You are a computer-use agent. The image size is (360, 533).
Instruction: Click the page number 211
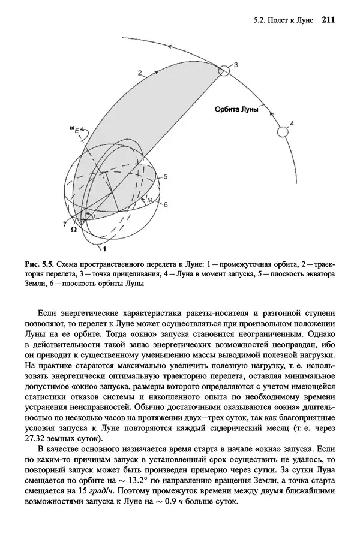pyautogui.click(x=328, y=19)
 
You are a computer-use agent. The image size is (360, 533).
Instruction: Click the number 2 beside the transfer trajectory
pyautogui.click(x=139, y=73)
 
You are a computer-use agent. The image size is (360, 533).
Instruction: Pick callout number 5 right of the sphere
pyautogui.click(x=166, y=176)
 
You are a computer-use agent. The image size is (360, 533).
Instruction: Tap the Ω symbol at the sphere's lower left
pyautogui.click(x=73, y=230)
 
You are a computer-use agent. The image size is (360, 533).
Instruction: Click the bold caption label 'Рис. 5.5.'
pyautogui.click(x=40, y=264)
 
